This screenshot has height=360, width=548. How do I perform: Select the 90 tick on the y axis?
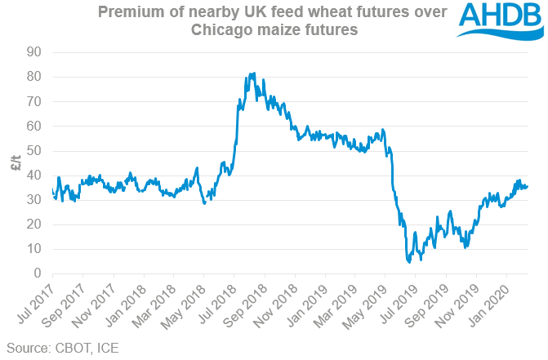click(x=34, y=52)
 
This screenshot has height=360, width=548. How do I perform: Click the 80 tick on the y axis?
click(x=34, y=77)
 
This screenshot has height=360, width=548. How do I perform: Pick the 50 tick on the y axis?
click(x=34, y=150)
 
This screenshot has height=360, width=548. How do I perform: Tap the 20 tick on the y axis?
click(x=34, y=224)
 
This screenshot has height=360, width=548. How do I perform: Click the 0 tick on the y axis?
click(x=38, y=273)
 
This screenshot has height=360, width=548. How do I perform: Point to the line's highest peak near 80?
click(x=253, y=73)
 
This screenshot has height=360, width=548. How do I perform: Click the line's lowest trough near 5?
click(x=408, y=262)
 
